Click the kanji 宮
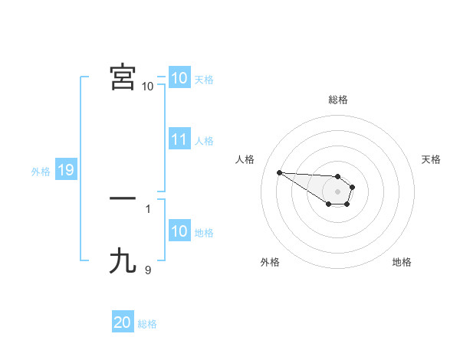pos(123,78)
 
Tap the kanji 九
pos(123,262)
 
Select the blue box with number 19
pos(65,170)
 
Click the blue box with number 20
pos(122,322)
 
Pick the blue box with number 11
pos(179,140)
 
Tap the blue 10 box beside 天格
pos(179,78)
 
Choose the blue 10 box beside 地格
pos(179,232)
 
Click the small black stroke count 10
pos(147,86)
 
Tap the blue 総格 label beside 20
pos(147,324)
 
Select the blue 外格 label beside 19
pos(41,172)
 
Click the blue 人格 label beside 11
pos(204,141)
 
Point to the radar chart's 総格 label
pos(337,100)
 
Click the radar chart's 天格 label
pos(431,159)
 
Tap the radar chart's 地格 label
pos(402,262)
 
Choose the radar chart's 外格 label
pos(270,262)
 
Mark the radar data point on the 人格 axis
pos(279,172)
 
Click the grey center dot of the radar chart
pos(337,191)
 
